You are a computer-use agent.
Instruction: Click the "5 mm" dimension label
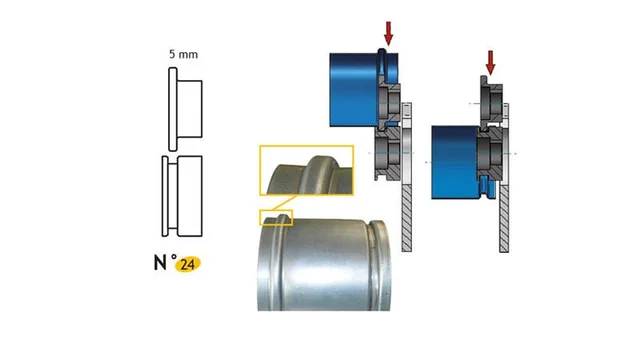click(x=184, y=54)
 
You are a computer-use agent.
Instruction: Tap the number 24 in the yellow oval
click(x=187, y=264)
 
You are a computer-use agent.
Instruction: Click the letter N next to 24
click(x=160, y=262)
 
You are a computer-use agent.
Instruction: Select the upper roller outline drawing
click(x=185, y=109)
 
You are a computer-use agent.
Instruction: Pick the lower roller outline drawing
click(x=182, y=196)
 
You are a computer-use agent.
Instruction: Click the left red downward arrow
click(x=389, y=33)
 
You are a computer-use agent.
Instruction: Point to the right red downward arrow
click(x=490, y=63)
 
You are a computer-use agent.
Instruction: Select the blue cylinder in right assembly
click(x=456, y=162)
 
